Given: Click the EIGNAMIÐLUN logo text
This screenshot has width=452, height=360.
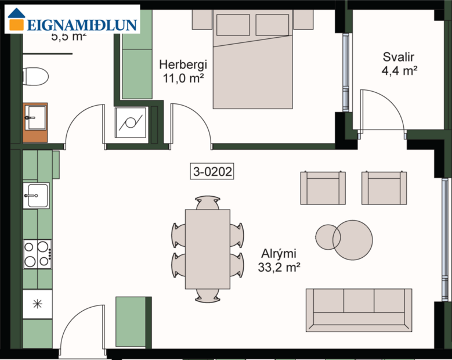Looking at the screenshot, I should pyautogui.click(x=81, y=24).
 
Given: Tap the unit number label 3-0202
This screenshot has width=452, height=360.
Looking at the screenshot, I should pyautogui.click(x=212, y=171).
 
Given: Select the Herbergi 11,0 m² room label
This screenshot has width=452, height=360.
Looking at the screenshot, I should pyautogui.click(x=183, y=71).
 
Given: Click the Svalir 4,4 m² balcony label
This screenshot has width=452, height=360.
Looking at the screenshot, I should pyautogui.click(x=400, y=64).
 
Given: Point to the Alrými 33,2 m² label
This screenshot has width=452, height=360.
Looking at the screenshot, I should pyautogui.click(x=279, y=260).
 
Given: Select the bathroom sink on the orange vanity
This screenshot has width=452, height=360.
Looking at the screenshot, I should pyautogui.click(x=35, y=119).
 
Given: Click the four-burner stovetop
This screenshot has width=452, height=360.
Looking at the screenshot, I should pyautogui.click(x=37, y=254).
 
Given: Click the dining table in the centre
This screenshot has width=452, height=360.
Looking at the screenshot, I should pyautogui.click(x=207, y=249).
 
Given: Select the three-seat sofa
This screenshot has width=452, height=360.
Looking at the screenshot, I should pyautogui.click(x=359, y=309).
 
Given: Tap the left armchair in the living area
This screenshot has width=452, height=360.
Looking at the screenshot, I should pyautogui.click(x=323, y=188).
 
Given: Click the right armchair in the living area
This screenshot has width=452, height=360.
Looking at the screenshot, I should pyautogui.click(x=384, y=188).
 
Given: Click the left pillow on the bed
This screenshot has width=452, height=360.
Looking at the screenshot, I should pyautogui.click(x=233, y=25).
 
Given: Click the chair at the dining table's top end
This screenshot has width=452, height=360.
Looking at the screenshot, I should pyautogui.click(x=208, y=203).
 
